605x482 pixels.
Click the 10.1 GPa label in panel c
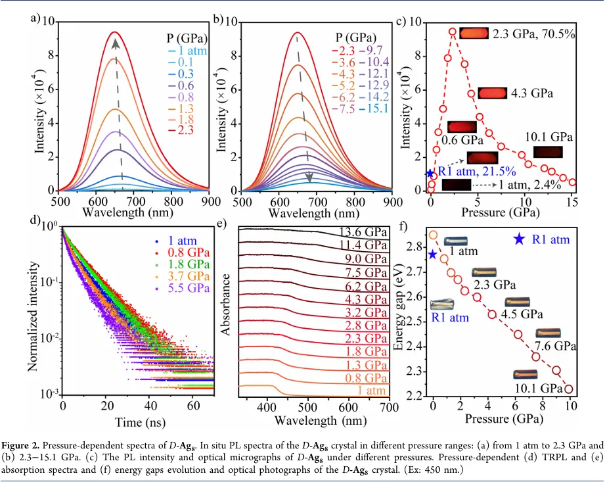pyautogui.click(x=550, y=137)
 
